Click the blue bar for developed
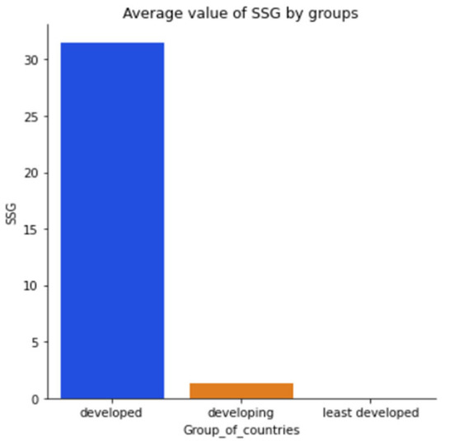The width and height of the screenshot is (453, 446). tap(112, 221)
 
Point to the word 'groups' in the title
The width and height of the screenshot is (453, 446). tap(338, 13)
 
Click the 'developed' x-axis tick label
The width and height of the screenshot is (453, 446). tap(112, 412)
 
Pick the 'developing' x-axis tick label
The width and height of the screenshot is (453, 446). tap(241, 412)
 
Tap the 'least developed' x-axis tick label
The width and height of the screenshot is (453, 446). tap(371, 412)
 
